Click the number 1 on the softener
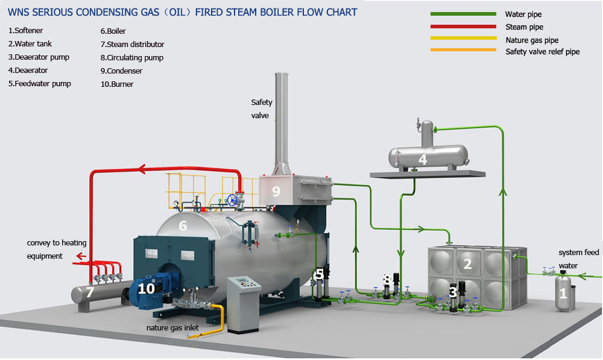(x=563, y=294)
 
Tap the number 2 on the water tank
(x=467, y=264)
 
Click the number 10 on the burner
(x=146, y=289)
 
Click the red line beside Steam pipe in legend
(x=463, y=27)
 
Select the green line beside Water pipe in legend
(x=463, y=13)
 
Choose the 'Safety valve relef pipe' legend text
(x=542, y=52)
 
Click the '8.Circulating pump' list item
(x=131, y=58)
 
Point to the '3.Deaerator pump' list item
(x=39, y=57)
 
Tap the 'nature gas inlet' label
(x=173, y=328)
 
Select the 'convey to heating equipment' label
(x=57, y=249)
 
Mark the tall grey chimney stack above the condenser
(x=282, y=121)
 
